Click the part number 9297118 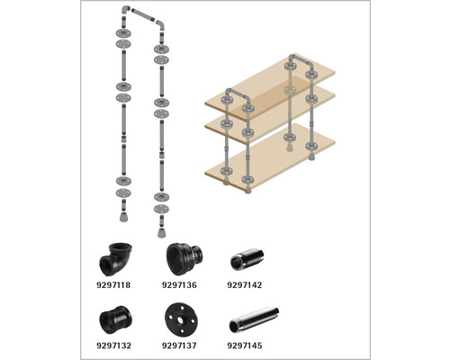[x=113, y=284]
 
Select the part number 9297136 [x=179, y=284]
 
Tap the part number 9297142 [x=245, y=284]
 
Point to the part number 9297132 [x=113, y=346]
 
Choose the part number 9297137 [x=179, y=346]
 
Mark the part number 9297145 [x=245, y=346]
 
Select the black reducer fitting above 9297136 [x=184, y=259]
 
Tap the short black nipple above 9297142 [x=247, y=259]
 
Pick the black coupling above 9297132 [x=115, y=319]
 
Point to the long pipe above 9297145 [x=254, y=319]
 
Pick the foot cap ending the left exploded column [x=123, y=217]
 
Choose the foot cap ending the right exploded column [x=161, y=232]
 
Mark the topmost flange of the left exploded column [x=123, y=32]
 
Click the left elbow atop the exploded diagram [x=125, y=10]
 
